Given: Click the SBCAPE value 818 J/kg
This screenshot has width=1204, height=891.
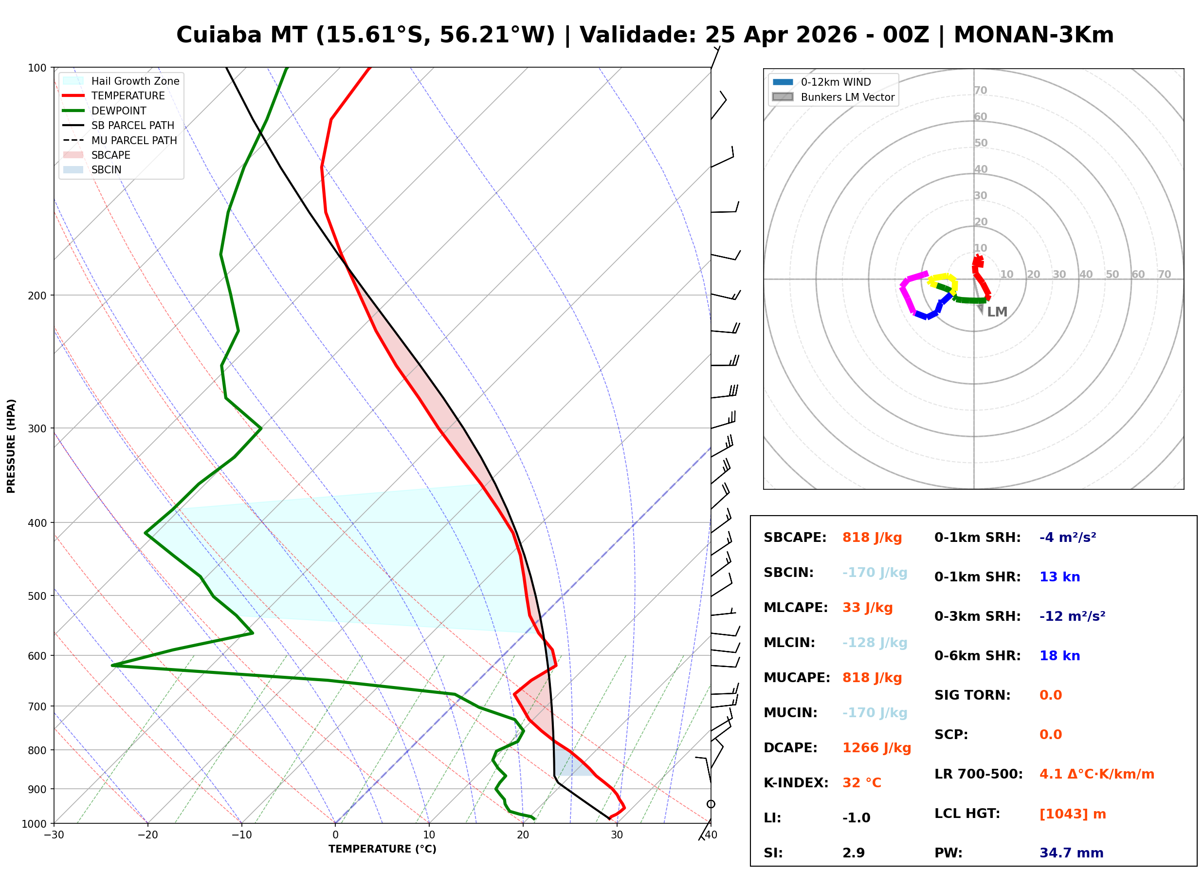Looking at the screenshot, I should [x=872, y=538].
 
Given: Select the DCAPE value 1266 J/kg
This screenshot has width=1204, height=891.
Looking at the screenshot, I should [x=876, y=748].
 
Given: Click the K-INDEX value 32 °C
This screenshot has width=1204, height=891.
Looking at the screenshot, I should [x=861, y=783].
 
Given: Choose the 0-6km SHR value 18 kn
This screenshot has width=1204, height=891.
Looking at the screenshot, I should [x=1059, y=656].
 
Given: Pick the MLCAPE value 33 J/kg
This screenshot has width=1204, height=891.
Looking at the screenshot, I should [x=867, y=608].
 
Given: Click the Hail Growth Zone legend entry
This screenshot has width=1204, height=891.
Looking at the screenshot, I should [x=135, y=81].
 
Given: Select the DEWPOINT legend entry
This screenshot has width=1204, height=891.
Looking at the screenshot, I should [x=119, y=111].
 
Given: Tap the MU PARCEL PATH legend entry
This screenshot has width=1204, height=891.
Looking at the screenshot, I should [x=134, y=140].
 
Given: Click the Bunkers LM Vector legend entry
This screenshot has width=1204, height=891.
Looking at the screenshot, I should [x=847, y=97].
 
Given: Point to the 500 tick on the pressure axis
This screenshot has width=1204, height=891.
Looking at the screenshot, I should [x=36, y=596].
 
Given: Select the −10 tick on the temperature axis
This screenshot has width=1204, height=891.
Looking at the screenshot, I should [x=241, y=835].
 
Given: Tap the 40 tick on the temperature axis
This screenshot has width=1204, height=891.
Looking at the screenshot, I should [x=711, y=835].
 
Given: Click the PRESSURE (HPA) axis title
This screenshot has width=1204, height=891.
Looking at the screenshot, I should [x=11, y=446].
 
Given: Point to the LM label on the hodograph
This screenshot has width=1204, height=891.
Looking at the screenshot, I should [x=997, y=312].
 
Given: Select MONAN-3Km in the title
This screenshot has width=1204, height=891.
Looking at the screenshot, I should [x=1033, y=35].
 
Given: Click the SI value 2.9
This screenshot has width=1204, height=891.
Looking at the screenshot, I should [x=853, y=853].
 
